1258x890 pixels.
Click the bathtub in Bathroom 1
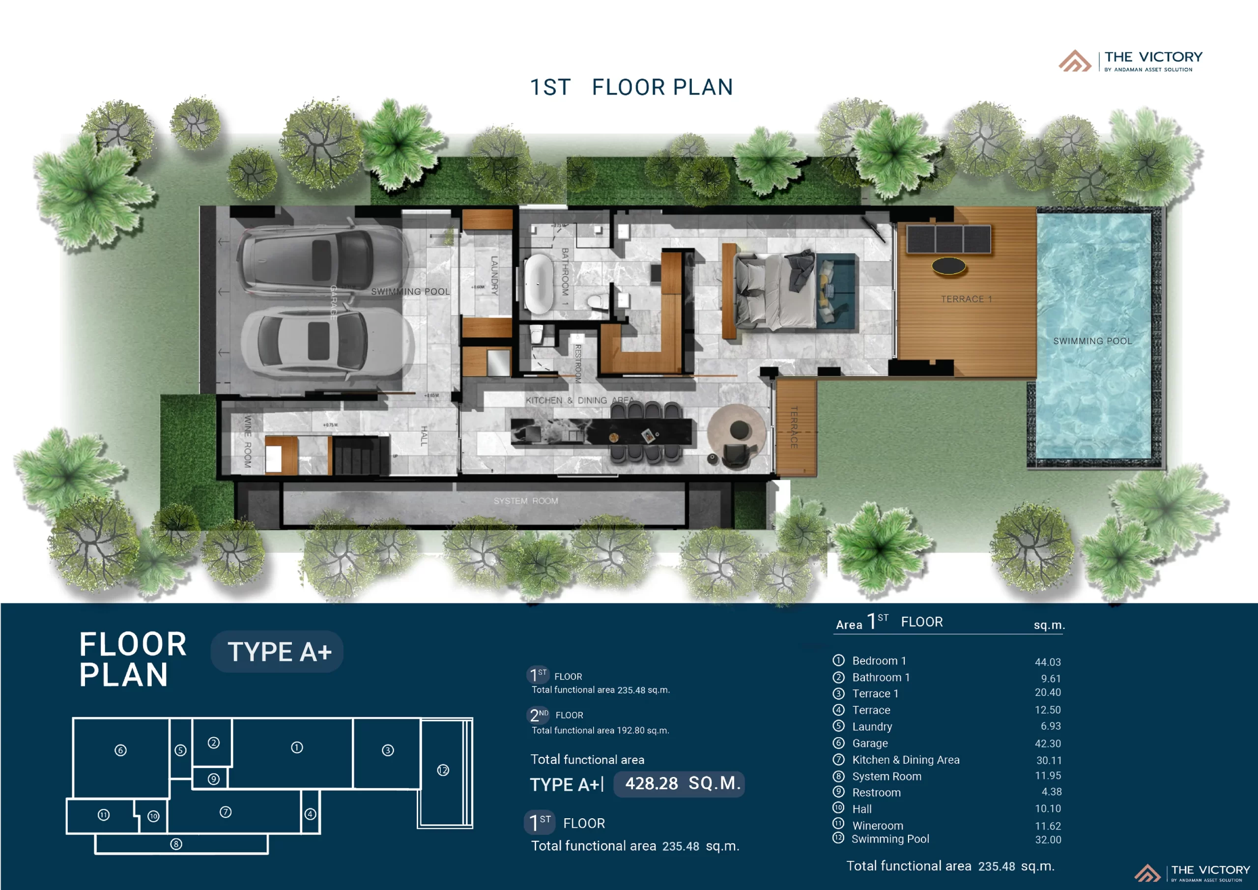click(538, 284)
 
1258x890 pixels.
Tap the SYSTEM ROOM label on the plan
click(525, 501)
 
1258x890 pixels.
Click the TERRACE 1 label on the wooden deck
click(966, 299)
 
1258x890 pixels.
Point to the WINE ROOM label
click(247, 442)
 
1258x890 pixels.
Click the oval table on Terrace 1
click(948, 266)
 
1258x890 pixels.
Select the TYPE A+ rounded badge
click(277, 652)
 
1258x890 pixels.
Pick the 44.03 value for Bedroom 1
click(1047, 662)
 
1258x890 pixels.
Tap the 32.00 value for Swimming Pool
click(1048, 839)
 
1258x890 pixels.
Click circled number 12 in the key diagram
click(443, 770)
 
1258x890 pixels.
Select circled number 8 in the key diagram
click(176, 844)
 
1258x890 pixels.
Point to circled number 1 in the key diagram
click(297, 747)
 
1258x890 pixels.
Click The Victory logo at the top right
click(1131, 61)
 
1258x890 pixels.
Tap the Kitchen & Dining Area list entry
click(905, 760)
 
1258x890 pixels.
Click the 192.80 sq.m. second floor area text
click(643, 730)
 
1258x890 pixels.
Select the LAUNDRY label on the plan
click(494, 276)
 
